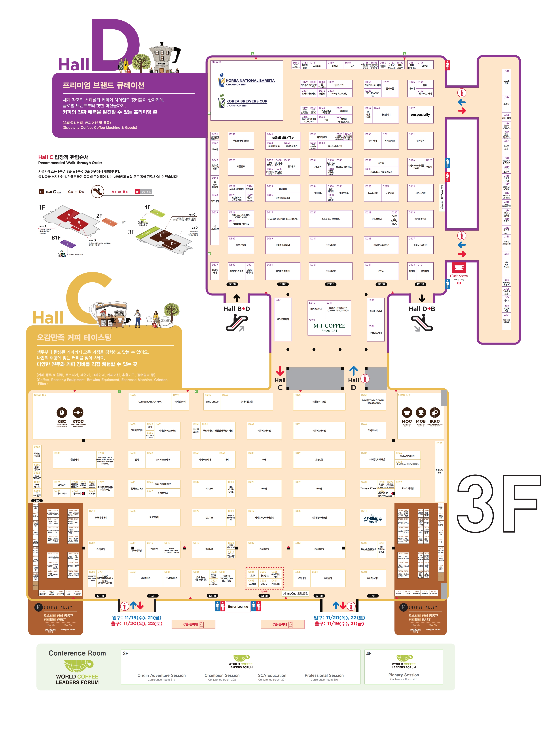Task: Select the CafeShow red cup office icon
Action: (x=459, y=268)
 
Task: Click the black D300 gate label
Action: (x=331, y=284)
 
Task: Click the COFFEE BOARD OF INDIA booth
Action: (x=150, y=402)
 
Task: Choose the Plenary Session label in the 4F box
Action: (x=404, y=675)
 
